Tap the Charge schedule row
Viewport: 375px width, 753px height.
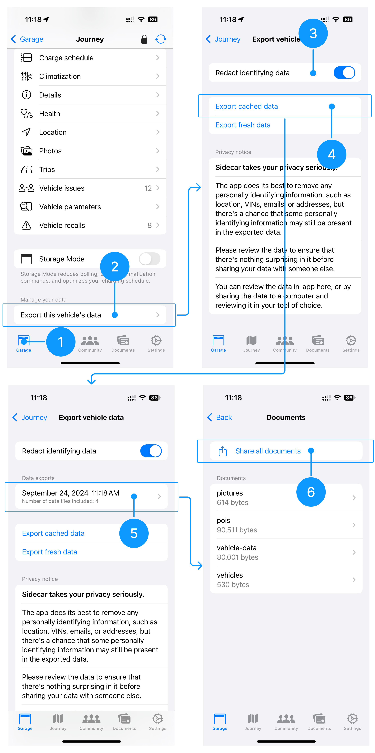[90, 58]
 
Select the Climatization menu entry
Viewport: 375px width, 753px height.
[90, 76]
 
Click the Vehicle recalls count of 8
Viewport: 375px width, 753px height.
[149, 225]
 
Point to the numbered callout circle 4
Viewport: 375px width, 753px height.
[331, 154]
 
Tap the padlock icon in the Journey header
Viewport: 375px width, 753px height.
[144, 39]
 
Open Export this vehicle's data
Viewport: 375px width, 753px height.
[90, 315]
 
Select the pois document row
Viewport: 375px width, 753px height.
[286, 525]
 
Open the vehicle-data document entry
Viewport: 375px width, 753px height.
[286, 552]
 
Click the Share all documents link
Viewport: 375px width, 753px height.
[268, 451]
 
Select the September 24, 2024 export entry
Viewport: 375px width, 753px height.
[91, 496]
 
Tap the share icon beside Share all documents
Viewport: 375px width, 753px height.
[223, 451]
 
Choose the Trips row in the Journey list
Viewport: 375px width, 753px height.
[90, 170]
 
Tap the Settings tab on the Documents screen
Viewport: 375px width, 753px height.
[352, 721]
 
